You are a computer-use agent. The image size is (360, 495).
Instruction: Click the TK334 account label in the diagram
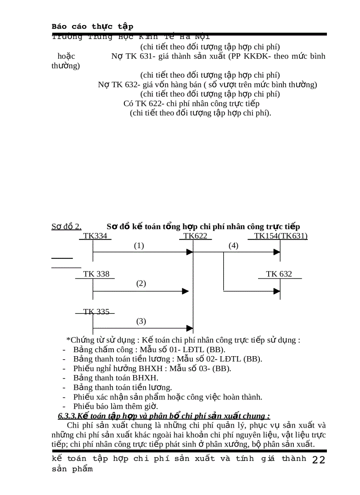[x=95, y=236]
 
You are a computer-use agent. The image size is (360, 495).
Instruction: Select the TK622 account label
[x=195, y=236]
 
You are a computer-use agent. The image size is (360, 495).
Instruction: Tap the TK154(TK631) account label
[x=281, y=236]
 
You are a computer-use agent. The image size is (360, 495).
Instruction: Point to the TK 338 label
[x=96, y=274]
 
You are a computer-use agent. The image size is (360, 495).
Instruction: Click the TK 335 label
[x=96, y=312]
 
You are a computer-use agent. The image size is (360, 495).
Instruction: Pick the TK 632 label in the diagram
[x=279, y=274]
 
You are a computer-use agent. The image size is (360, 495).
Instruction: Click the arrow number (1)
[x=139, y=246]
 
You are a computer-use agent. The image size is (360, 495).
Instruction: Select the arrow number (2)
[x=141, y=283]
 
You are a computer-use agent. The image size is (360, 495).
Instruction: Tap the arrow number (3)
[x=141, y=321]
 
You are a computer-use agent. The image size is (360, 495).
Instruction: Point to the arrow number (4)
[x=233, y=246]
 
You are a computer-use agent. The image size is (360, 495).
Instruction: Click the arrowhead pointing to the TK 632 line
[x=277, y=291]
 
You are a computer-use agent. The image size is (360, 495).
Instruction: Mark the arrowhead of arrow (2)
[x=186, y=291]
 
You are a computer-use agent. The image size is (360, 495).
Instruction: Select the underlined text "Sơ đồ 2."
[x=66, y=227]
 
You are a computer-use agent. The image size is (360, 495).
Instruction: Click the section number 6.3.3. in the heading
[x=67, y=416]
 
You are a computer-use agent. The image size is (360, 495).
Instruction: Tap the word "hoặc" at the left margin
[x=66, y=56]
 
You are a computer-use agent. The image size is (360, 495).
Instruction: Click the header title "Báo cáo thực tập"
[x=93, y=26]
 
